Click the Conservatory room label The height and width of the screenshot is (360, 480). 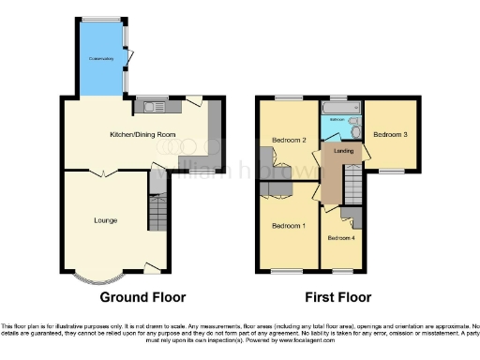(101, 60)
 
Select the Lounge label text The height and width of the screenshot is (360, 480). (105, 220)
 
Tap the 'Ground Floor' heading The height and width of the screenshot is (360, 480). (143, 297)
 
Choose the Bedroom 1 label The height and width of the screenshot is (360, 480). (289, 226)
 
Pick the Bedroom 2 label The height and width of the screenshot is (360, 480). (290, 141)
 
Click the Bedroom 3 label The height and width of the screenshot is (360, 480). (390, 134)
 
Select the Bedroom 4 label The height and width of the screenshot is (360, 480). (340, 238)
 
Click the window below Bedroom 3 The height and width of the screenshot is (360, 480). (390, 171)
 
